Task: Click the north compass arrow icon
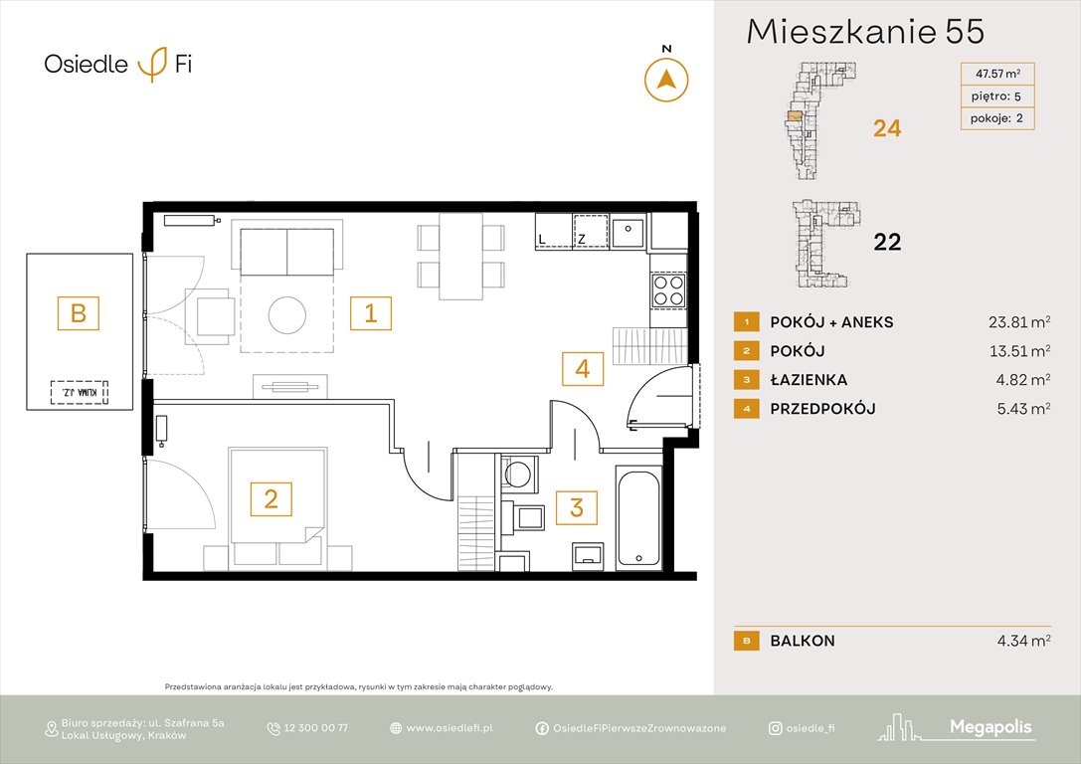[x=666, y=80]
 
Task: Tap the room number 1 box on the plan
[x=370, y=313]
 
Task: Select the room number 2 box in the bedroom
[x=270, y=497]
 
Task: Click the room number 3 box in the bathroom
[x=577, y=508]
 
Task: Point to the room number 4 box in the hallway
[x=583, y=369]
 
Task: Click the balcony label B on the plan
[x=79, y=314]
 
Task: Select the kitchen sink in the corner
[x=628, y=232]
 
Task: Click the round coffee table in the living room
[x=288, y=315]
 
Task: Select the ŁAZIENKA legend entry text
[x=810, y=380]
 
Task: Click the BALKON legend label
[x=803, y=642]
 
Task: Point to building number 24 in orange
[x=886, y=127]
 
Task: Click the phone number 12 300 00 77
[x=316, y=728]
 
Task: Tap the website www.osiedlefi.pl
[x=450, y=728]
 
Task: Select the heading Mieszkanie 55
[x=865, y=32]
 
